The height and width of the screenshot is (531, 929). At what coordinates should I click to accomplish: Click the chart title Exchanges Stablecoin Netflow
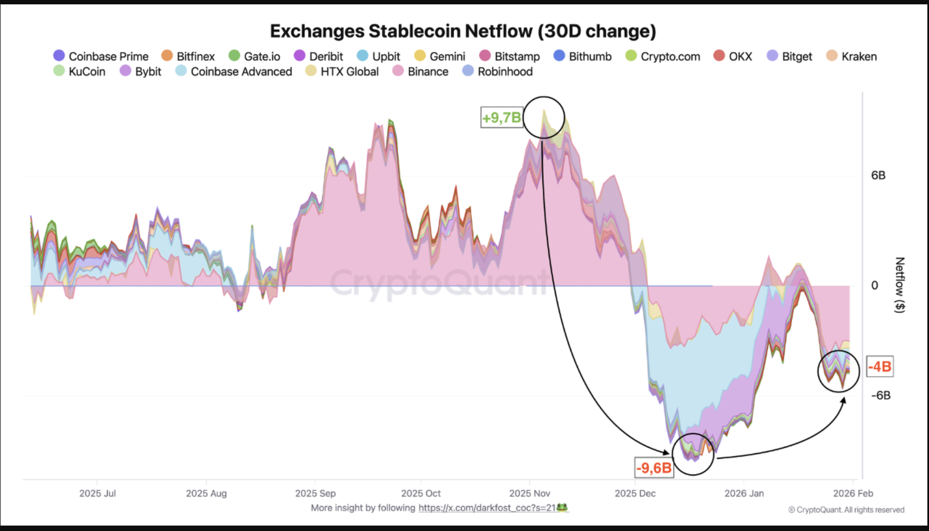[x=463, y=31]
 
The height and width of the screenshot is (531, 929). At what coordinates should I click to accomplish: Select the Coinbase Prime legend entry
[x=101, y=56]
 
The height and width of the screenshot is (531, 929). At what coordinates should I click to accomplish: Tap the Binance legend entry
[x=420, y=72]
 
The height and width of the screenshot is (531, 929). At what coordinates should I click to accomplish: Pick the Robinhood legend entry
[x=498, y=72]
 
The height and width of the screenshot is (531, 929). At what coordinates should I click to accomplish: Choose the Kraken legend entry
[x=851, y=56]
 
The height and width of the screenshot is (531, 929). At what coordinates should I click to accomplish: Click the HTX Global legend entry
[x=342, y=72]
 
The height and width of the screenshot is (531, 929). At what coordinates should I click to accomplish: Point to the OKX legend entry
[x=733, y=56]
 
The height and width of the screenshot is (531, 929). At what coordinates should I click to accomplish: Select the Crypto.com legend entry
[x=663, y=56]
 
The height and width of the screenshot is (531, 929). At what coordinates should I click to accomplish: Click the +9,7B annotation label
[x=501, y=117]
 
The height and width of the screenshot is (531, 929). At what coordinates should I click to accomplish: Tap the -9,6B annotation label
[x=654, y=467]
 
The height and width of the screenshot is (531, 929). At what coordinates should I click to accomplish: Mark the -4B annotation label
[x=880, y=366]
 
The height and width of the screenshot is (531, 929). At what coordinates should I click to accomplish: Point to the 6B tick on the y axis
[x=878, y=175]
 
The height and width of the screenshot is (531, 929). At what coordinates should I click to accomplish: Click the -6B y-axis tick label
[x=880, y=395]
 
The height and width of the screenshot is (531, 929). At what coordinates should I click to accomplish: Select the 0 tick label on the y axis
[x=874, y=286]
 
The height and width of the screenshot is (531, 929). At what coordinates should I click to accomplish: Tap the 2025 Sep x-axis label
[x=315, y=494]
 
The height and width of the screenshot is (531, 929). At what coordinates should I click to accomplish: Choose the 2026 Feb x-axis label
[x=853, y=494]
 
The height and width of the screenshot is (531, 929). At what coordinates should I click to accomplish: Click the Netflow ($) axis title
[x=900, y=285]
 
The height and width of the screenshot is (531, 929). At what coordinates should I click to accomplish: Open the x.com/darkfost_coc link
[x=487, y=508]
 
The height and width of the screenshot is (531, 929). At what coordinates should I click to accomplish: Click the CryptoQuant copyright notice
[x=846, y=510]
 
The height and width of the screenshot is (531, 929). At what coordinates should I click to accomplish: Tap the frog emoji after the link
[x=562, y=508]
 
